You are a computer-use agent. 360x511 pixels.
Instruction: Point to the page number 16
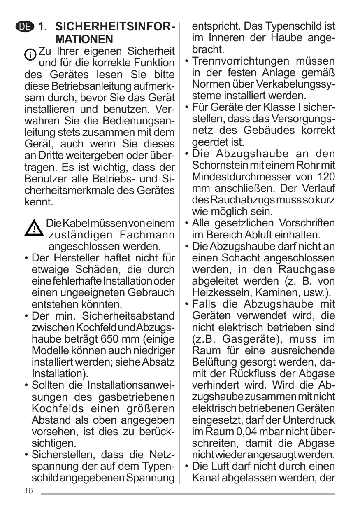pyautogui.click(x=28, y=491)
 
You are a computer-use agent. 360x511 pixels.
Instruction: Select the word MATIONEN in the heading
pyautogui.click(x=84, y=40)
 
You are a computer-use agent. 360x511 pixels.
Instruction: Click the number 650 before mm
pyautogui.click(x=111, y=339)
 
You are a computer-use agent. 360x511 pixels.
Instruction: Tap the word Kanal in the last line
pyautogui.click(x=205, y=478)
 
